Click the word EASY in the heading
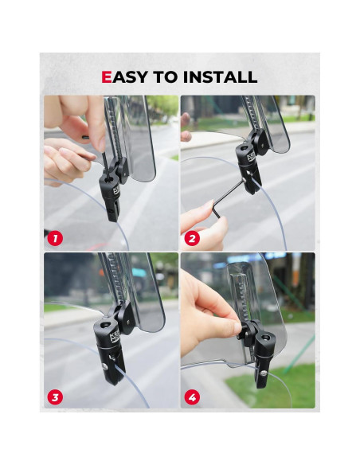127,77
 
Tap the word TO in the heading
168,77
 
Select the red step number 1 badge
55,237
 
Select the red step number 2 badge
192,237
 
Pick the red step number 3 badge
55,396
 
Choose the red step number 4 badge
192,396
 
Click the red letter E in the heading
107,77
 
